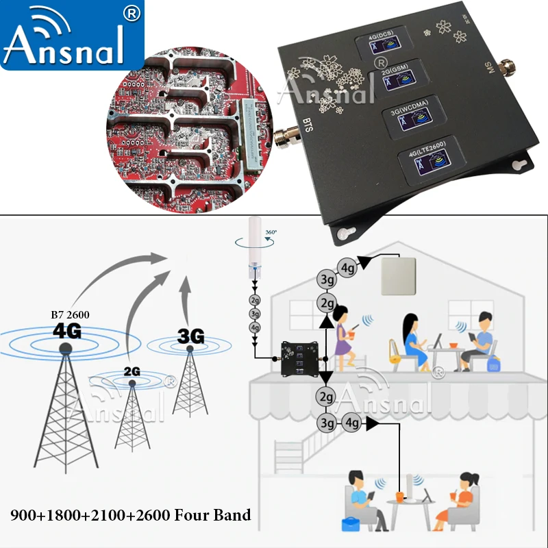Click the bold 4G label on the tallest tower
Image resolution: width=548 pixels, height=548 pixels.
pyautogui.click(x=66, y=331)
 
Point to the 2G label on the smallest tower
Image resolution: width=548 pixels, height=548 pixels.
pyautogui.click(x=132, y=372)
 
